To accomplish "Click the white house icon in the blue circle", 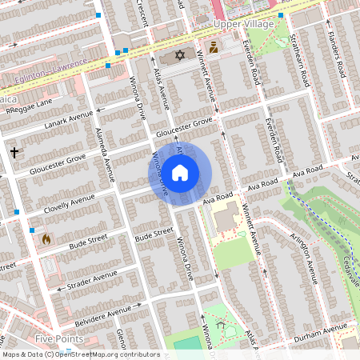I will pos(180,172).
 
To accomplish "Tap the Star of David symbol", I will pos(179,55).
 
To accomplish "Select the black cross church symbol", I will pos(14,151).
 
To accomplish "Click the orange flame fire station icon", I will pos(46,238).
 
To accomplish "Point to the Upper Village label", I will pos(244,24).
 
